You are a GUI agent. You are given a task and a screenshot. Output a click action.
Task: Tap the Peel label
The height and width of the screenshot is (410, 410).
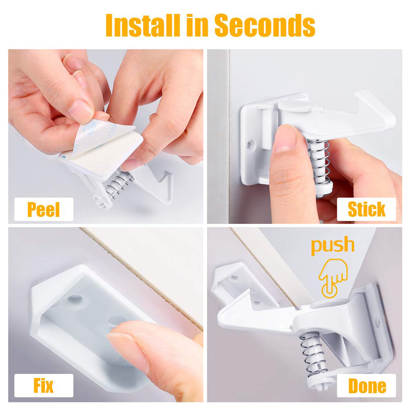coord(44,210)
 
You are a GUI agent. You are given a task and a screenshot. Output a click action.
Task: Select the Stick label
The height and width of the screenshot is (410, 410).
coord(366,210)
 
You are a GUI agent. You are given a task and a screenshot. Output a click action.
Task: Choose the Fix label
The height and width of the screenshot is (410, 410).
coord(44,386)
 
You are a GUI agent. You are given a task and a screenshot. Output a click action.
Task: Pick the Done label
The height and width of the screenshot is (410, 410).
coord(366,386)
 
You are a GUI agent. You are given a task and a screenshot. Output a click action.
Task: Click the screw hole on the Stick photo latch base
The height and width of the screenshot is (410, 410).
coord(250,144)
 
